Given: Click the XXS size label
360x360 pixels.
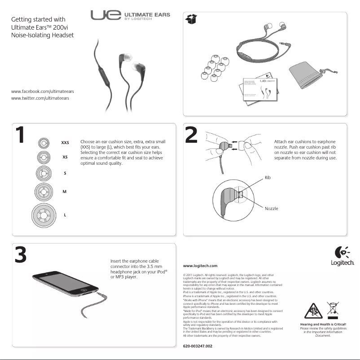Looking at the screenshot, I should [x=65, y=142].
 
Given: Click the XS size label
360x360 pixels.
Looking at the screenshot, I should [x=65, y=157].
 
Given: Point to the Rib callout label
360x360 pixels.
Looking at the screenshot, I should [x=268, y=178].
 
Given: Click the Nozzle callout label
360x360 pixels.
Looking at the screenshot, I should [x=271, y=209].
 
